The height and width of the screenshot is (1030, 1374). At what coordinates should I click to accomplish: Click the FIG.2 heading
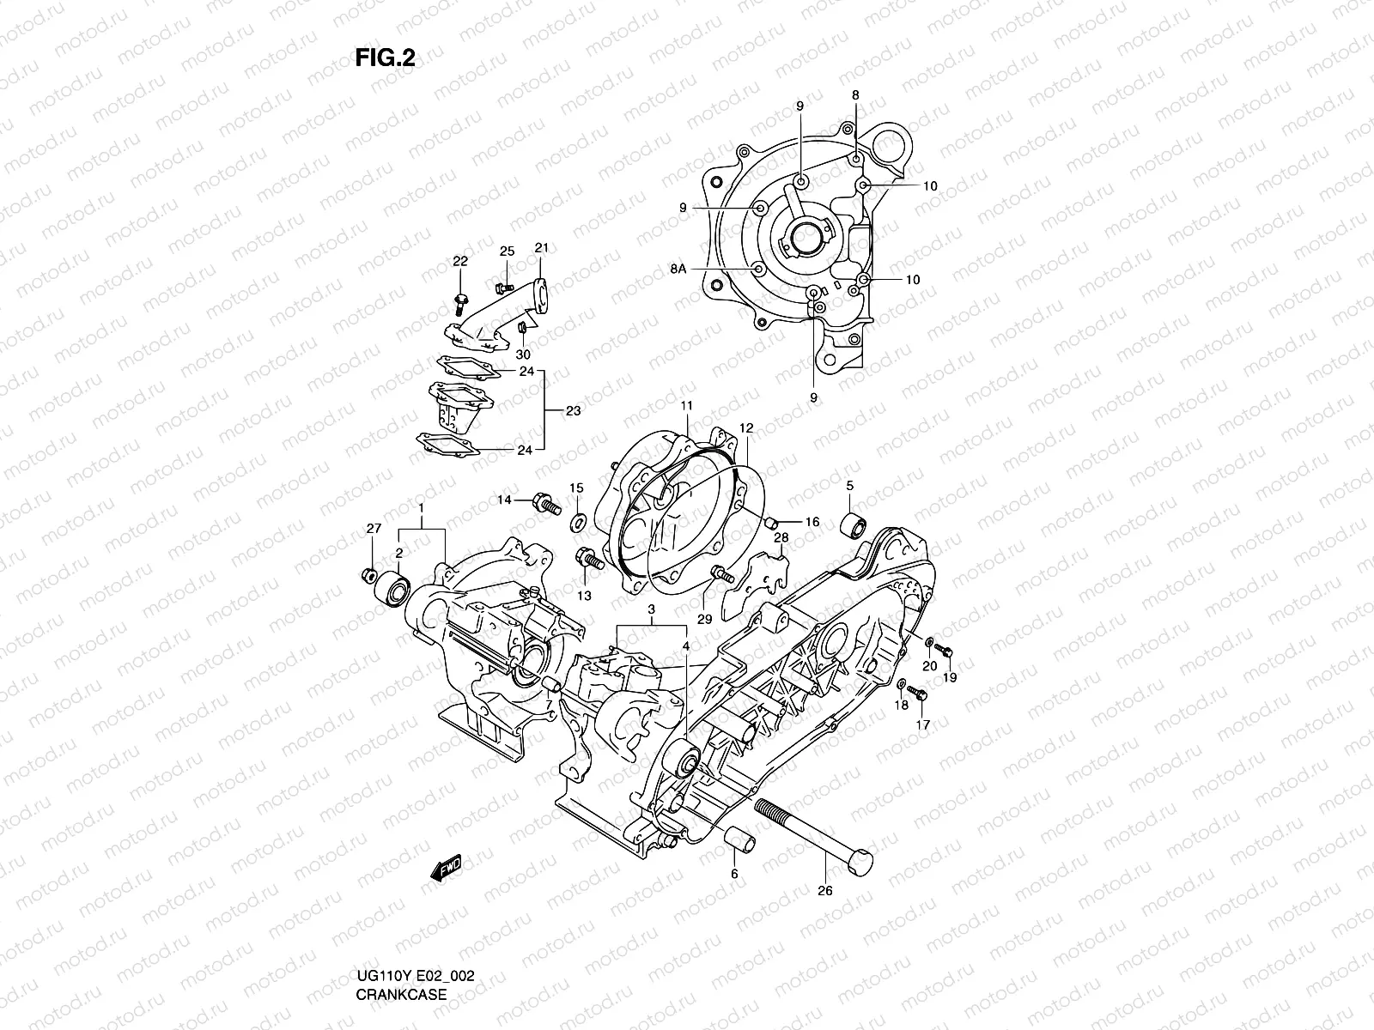click(386, 58)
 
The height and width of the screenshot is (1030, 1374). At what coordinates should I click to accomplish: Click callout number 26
click(824, 891)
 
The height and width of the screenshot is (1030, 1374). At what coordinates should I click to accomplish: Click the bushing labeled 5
click(855, 524)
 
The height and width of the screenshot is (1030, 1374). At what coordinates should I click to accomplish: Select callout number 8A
click(678, 270)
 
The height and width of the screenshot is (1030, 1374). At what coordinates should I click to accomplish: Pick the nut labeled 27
click(370, 573)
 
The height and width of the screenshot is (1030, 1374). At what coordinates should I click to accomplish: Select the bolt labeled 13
click(587, 558)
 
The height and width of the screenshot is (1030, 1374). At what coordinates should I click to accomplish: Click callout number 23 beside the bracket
click(573, 411)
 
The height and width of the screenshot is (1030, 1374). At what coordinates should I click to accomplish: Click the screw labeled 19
click(944, 651)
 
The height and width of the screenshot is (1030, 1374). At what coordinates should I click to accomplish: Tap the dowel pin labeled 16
click(772, 521)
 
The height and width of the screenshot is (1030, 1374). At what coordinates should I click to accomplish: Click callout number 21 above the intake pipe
click(541, 248)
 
